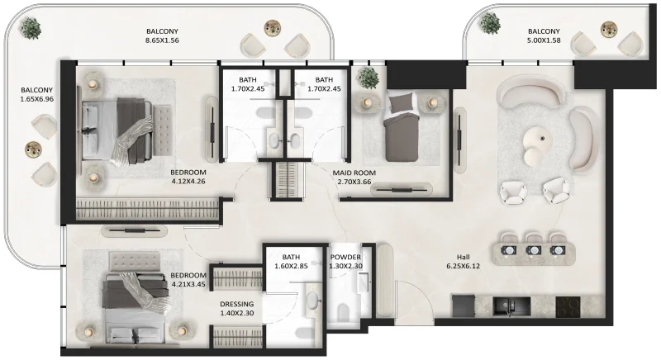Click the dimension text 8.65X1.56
162,40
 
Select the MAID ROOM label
355,173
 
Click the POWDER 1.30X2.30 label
345,262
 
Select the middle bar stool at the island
534,249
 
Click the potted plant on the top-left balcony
31,30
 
